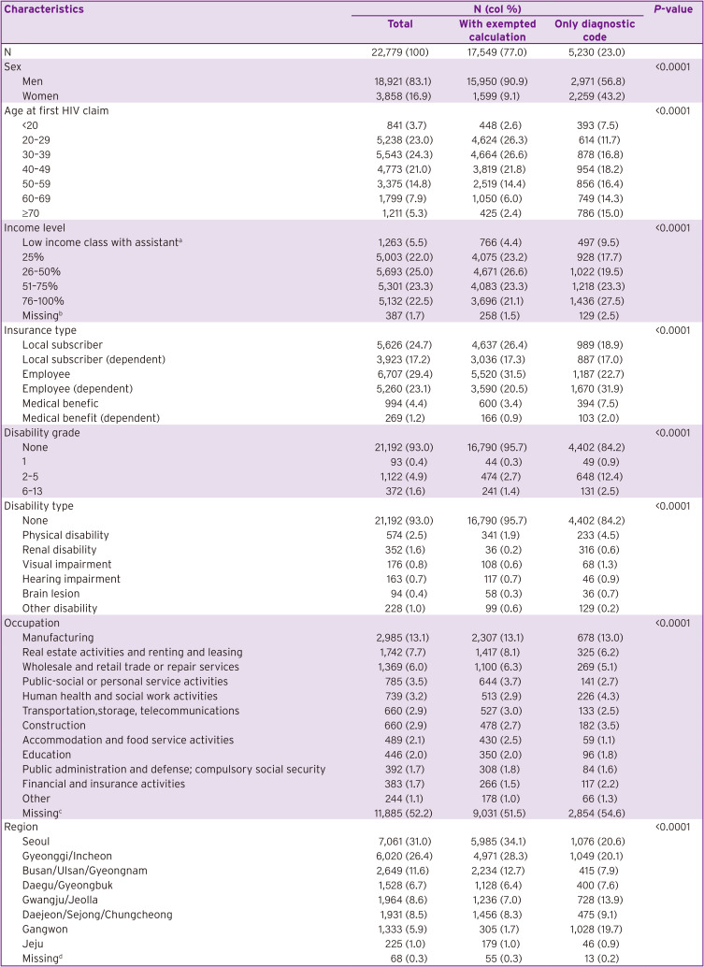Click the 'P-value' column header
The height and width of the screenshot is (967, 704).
point(673,8)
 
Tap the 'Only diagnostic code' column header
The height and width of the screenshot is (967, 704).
point(595,30)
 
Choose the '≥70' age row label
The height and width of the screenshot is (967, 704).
point(34,212)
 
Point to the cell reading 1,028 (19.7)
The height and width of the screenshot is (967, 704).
point(595,929)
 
